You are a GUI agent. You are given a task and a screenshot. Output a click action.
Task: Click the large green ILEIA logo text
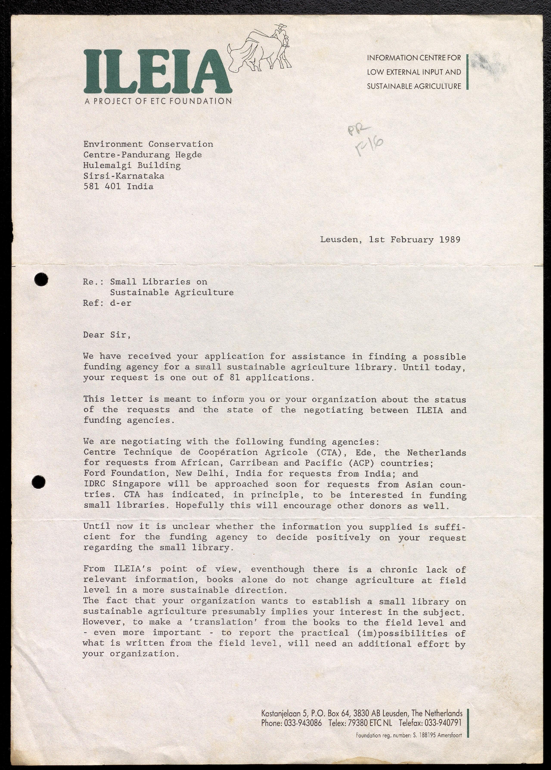coord(158,72)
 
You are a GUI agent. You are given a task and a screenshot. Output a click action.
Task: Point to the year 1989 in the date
coord(450,240)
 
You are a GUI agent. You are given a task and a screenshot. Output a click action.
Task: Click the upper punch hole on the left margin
coord(41,279)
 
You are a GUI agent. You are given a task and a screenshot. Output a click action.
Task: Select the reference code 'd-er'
coord(120,303)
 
